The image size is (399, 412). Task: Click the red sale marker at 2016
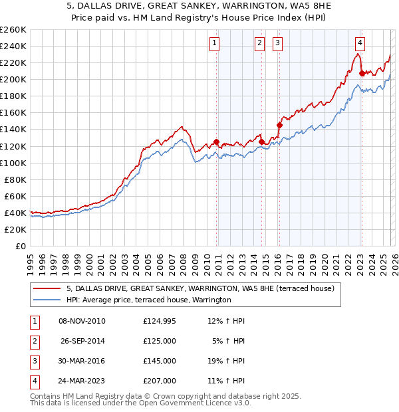280,124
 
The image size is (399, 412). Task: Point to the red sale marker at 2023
362,73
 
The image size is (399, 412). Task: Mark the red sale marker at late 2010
217,142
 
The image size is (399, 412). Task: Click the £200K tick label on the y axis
13,79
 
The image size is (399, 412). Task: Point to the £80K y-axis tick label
15,179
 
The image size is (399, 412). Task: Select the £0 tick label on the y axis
21,246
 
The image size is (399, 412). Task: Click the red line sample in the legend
47,288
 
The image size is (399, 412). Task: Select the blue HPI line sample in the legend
47,300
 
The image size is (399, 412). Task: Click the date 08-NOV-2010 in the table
82,322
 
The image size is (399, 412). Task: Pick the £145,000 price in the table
160,361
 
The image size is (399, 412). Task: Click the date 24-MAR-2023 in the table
82,381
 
